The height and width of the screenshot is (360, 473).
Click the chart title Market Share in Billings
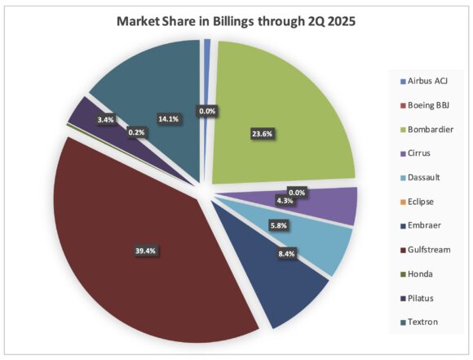click(236, 20)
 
